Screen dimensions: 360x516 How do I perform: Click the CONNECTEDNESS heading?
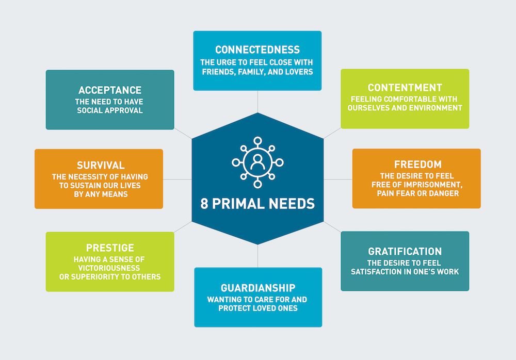[257, 50]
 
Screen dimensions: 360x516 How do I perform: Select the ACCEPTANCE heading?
[110, 91]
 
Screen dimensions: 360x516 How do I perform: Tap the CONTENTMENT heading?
[405, 87]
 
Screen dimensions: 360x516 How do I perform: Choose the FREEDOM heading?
[417, 165]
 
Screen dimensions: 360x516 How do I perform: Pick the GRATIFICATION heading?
[405, 252]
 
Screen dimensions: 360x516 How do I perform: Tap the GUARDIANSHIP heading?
[258, 287]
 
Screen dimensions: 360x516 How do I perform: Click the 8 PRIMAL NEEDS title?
[257, 204]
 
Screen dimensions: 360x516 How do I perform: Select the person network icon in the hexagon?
[257, 162]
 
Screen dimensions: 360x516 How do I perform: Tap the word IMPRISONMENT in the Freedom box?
[428, 184]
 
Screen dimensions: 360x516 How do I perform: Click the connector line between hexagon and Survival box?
[177, 179]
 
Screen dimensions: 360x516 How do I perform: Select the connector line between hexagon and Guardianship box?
[258, 256]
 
